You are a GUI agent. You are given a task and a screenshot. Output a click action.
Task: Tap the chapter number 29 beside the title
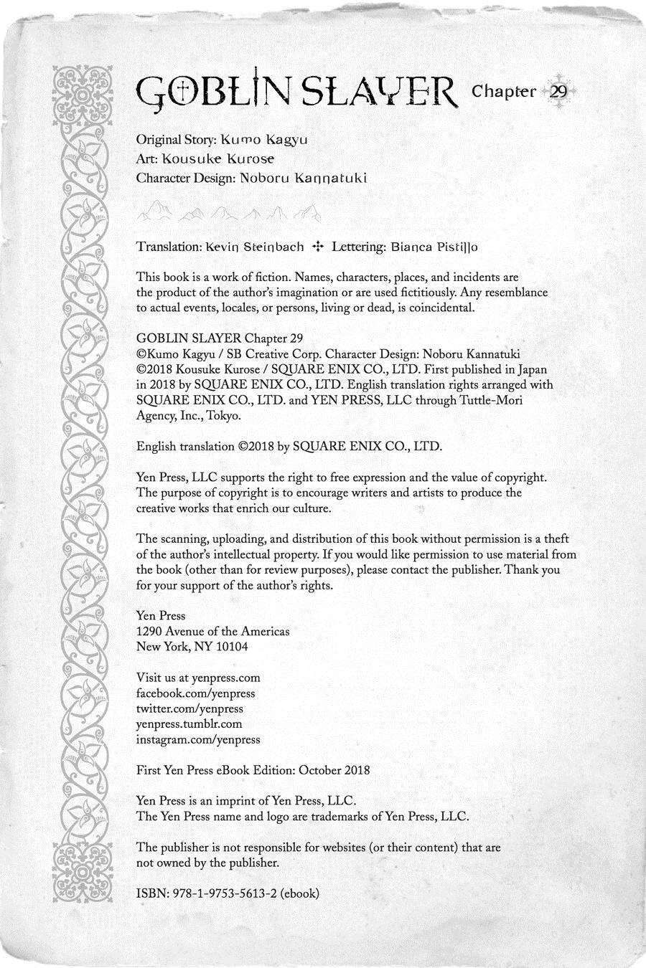(558, 92)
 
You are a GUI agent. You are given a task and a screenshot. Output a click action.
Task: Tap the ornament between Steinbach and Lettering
(317, 247)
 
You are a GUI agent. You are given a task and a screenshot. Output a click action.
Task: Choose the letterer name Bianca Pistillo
(434, 247)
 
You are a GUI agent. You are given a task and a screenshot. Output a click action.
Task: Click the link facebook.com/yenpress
(195, 693)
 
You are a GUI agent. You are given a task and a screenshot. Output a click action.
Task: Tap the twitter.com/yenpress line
(189, 708)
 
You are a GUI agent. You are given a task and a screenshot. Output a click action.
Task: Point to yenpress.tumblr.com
(189, 724)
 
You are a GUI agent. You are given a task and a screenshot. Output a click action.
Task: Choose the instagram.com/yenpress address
(198, 739)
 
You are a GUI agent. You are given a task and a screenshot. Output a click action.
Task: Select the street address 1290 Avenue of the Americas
(213, 632)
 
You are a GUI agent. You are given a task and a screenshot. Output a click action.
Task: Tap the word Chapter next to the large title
(504, 92)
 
